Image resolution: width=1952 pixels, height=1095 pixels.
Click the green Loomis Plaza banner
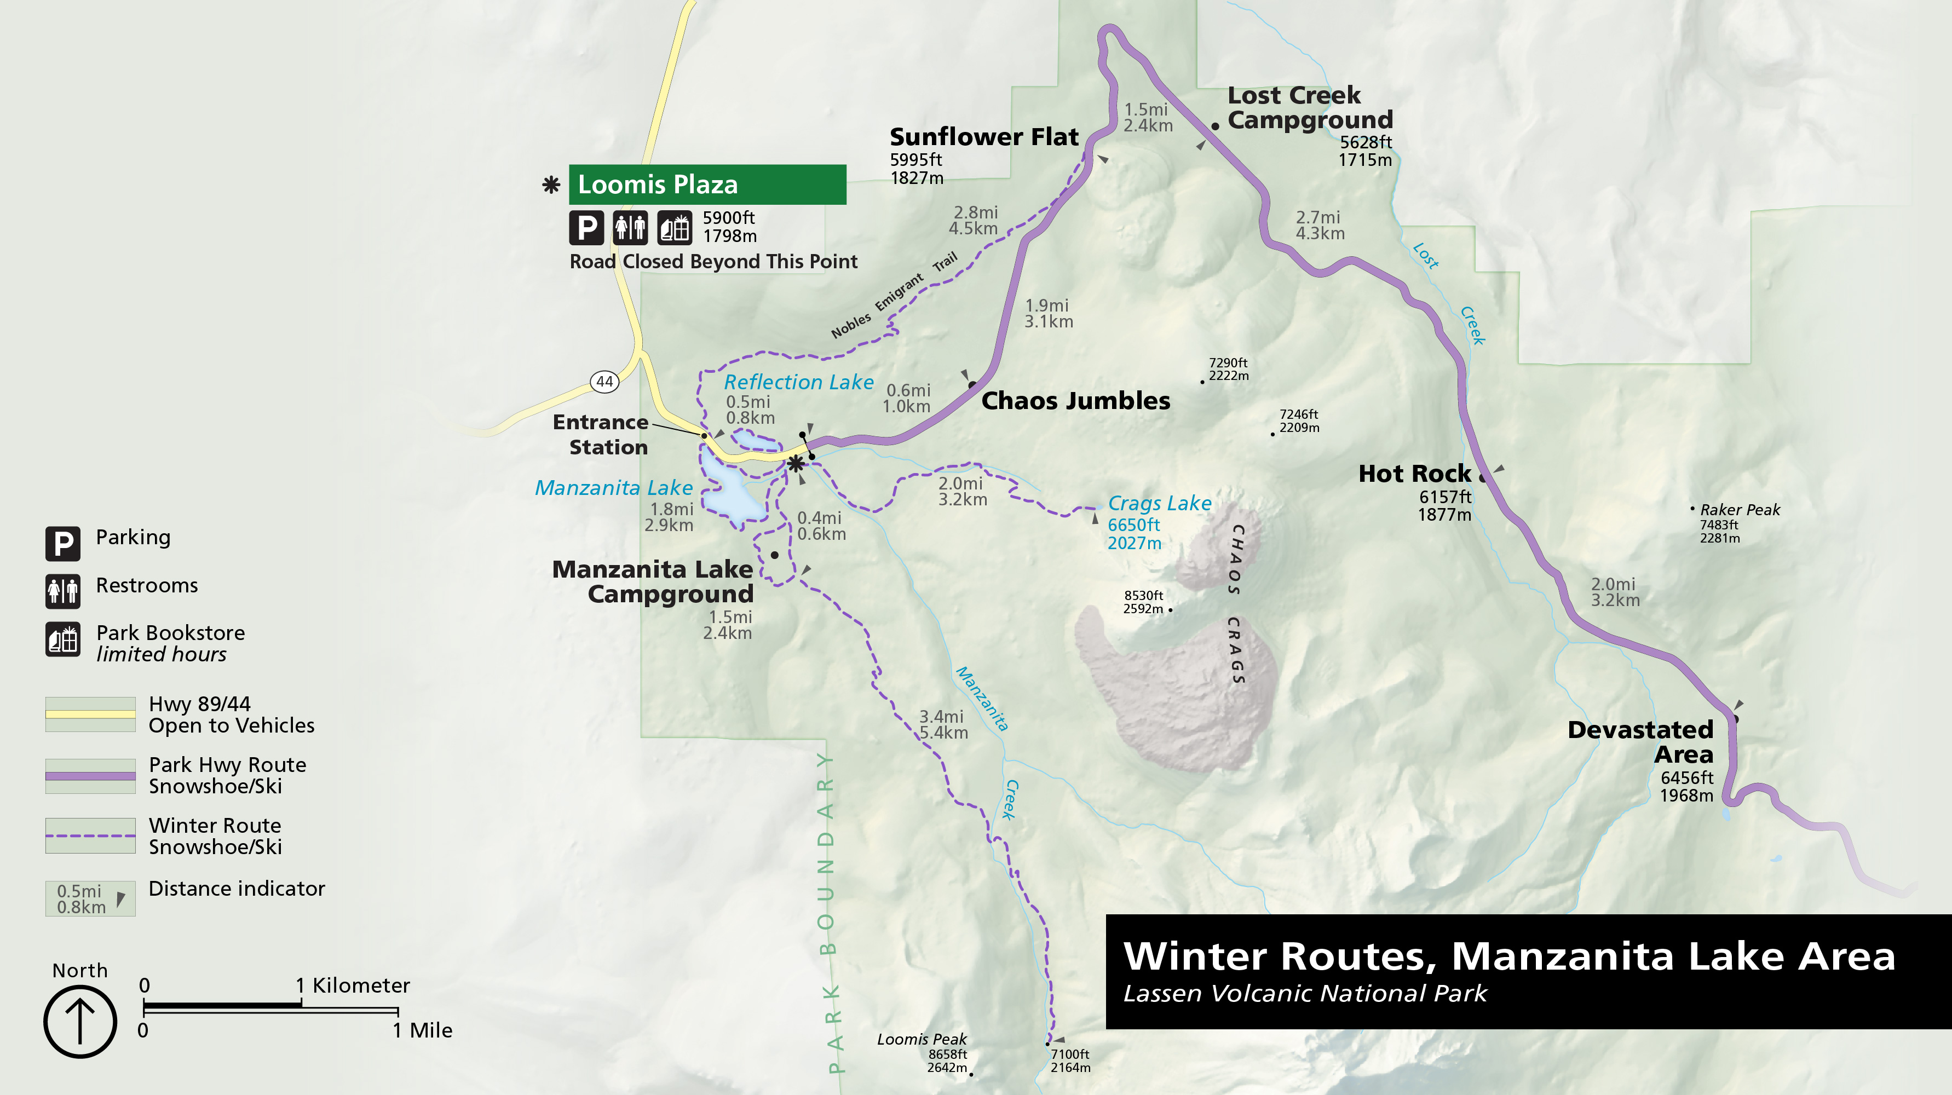click(x=706, y=184)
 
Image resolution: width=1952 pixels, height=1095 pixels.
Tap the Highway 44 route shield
click(x=604, y=381)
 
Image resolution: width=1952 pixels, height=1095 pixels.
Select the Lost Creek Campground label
click(x=1309, y=108)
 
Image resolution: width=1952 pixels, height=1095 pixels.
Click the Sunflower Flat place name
click(x=983, y=137)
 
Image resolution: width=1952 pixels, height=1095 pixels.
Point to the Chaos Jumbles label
click(x=1075, y=400)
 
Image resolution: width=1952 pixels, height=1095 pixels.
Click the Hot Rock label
click(x=1414, y=474)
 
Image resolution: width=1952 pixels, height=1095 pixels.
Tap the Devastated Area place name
click(x=1640, y=741)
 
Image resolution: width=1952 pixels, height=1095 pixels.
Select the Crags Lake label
click(x=1159, y=503)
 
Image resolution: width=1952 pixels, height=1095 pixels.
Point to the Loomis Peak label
click(x=922, y=1039)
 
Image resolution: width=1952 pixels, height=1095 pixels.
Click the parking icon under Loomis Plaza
click(x=586, y=227)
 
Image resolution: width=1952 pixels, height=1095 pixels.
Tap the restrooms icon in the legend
click(x=63, y=590)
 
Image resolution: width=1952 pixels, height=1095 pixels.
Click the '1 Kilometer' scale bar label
click(x=353, y=985)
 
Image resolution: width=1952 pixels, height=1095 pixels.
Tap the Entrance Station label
click(x=601, y=434)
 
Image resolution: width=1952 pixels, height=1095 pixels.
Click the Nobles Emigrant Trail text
click(x=894, y=296)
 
